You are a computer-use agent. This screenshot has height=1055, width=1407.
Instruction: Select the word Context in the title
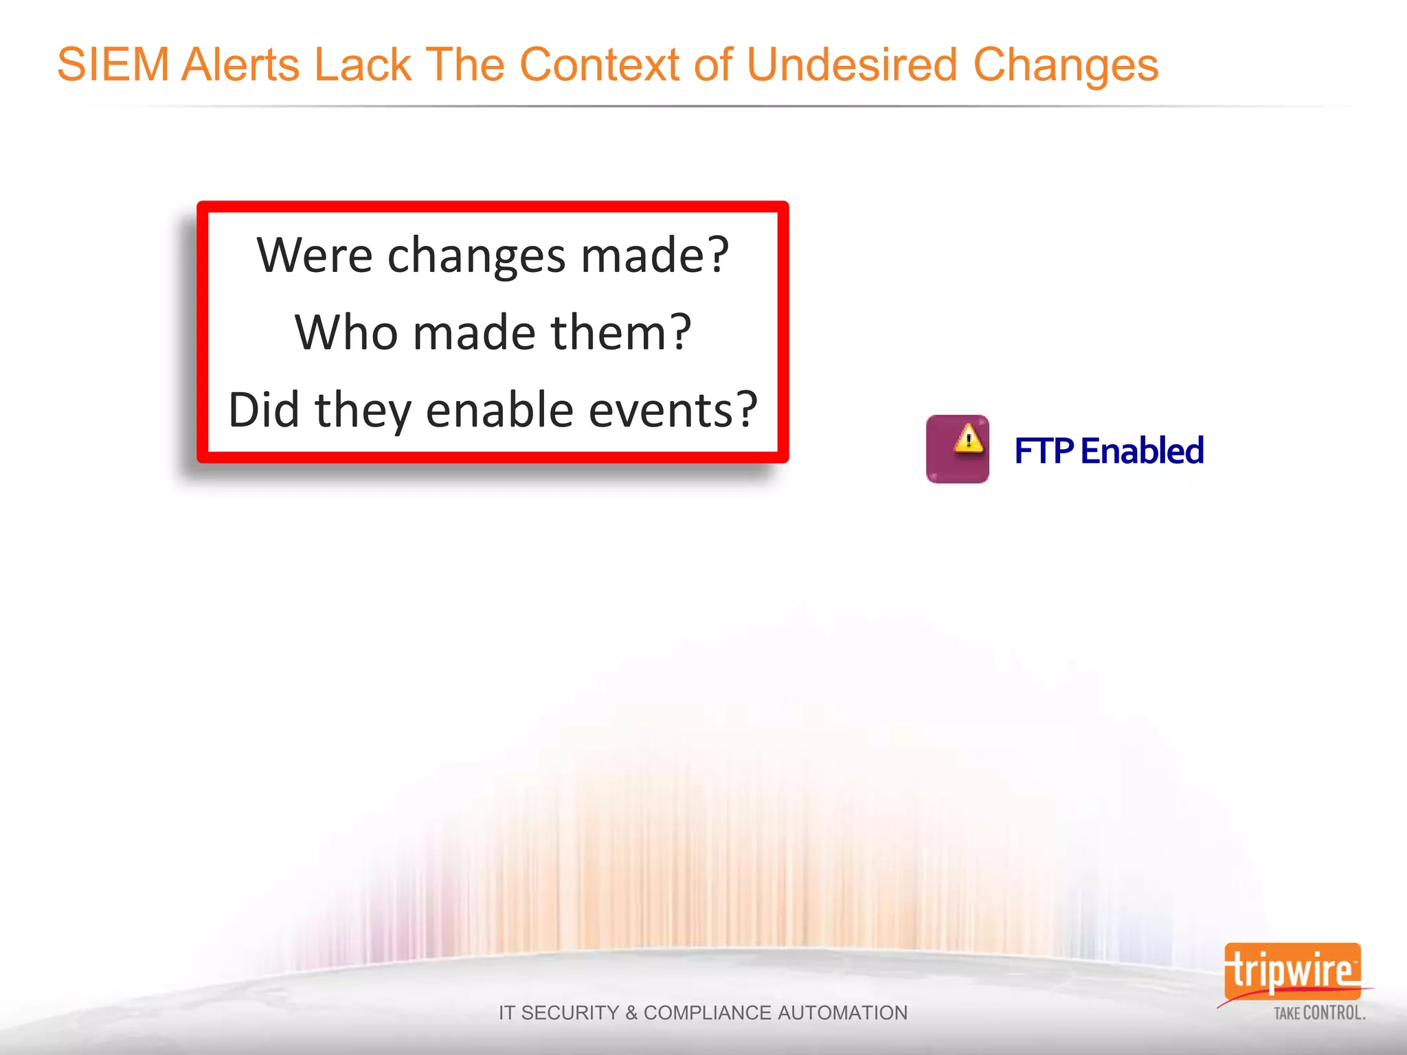pos(600,65)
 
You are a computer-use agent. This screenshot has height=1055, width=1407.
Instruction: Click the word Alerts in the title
pos(240,65)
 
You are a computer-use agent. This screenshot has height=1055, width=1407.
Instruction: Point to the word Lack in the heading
pos(363,65)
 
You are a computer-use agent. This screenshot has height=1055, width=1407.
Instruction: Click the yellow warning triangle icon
pos(969,438)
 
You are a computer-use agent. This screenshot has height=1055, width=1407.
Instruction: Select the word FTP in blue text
pos(1044,451)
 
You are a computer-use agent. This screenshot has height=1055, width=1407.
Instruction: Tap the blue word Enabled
pos(1142,451)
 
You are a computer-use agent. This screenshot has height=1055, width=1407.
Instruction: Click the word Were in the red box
pos(315,256)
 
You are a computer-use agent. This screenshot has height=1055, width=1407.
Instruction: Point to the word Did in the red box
pos(264,410)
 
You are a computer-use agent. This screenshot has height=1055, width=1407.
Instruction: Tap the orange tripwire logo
pos(1292,971)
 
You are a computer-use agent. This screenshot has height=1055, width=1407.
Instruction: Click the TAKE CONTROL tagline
pos(1319,1013)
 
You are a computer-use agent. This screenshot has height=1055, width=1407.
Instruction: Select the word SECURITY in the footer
pos(570,1013)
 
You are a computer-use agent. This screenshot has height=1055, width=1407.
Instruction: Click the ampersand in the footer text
pos(631,1013)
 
